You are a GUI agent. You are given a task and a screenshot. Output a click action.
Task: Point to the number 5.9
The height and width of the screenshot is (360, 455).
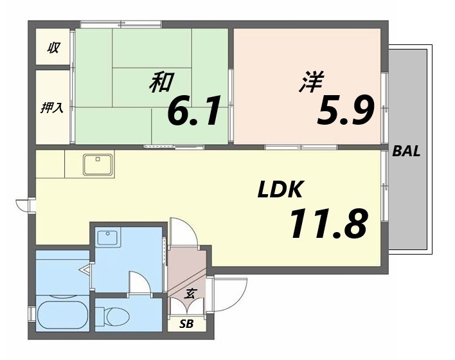344,111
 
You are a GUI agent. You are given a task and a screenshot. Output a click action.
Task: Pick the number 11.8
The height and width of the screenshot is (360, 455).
328,223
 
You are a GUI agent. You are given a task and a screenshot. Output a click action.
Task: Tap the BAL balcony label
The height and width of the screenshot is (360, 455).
406,152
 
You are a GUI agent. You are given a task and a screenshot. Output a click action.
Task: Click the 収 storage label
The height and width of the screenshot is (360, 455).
53,47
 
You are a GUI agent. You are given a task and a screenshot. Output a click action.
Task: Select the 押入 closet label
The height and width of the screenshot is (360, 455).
52,107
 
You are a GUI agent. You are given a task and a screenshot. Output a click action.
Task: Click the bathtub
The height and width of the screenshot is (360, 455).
62,316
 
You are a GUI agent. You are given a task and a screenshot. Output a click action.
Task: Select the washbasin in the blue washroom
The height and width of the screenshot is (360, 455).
107,237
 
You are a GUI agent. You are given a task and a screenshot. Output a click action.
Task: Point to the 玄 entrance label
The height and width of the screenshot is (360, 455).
190,294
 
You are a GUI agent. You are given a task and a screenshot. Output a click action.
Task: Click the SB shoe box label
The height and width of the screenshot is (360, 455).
186,323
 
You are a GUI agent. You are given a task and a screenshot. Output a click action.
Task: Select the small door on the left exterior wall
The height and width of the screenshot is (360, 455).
24,204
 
